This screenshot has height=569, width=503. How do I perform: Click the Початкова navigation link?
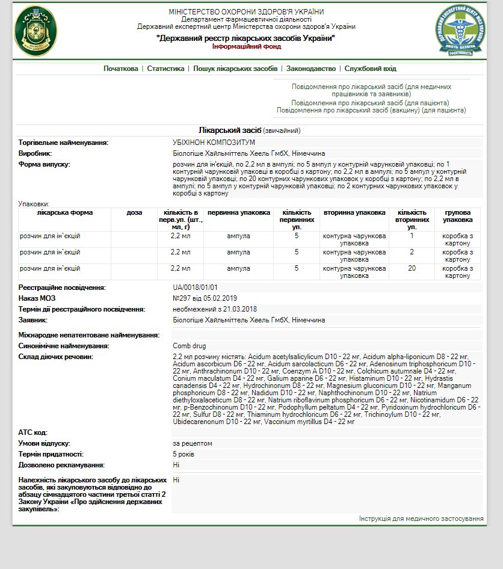[120, 69]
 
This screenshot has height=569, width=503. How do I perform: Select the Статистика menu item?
[165, 69]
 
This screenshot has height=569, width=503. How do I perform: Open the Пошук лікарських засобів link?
[235, 69]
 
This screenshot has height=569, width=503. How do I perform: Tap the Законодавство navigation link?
[311, 69]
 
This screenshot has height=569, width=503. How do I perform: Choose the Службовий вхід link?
[371, 69]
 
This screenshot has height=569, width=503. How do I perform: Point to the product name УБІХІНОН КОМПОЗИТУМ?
[214, 143]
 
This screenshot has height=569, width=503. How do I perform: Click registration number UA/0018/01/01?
[195, 288]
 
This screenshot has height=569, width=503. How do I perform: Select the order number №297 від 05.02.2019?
[205, 298]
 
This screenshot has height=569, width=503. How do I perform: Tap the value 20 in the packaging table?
[412, 268]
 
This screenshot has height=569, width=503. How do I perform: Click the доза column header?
[135, 213]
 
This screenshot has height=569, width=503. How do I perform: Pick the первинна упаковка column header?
[239, 213]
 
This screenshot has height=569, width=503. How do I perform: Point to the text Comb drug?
[190, 346]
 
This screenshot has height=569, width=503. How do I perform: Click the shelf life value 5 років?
[184, 454]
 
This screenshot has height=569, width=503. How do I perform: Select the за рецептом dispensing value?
[192, 443]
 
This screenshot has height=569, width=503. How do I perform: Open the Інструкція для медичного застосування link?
[421, 518]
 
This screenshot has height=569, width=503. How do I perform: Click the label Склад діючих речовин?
[56, 357]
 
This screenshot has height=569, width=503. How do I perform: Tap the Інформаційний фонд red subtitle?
[245, 46]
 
